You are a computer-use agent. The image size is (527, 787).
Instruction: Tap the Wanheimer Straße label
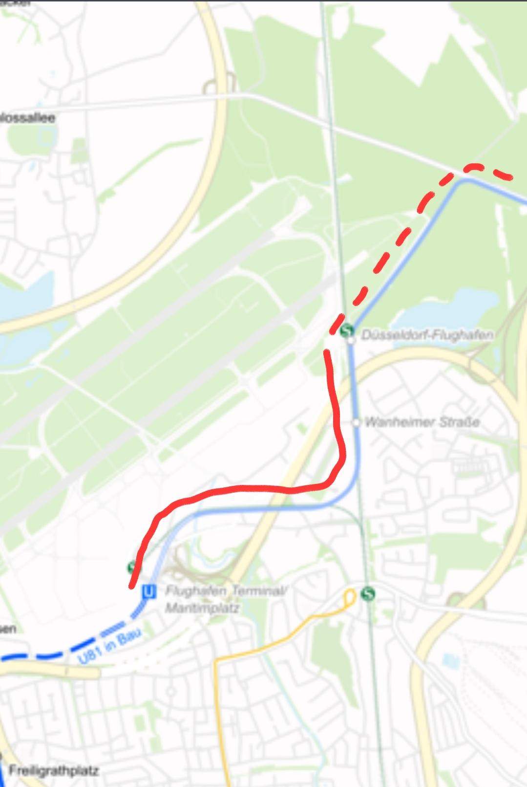click(x=422, y=422)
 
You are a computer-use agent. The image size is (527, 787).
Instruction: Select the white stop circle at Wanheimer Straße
click(x=356, y=422)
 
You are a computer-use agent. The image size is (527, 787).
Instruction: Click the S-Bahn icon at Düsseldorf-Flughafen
click(x=347, y=330)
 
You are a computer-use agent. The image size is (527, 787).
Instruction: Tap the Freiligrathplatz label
click(x=54, y=771)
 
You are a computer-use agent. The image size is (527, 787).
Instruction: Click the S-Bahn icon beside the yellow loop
click(x=368, y=594)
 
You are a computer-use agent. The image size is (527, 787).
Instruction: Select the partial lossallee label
click(x=27, y=118)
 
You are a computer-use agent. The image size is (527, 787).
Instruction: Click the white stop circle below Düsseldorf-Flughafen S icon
click(x=351, y=340)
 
